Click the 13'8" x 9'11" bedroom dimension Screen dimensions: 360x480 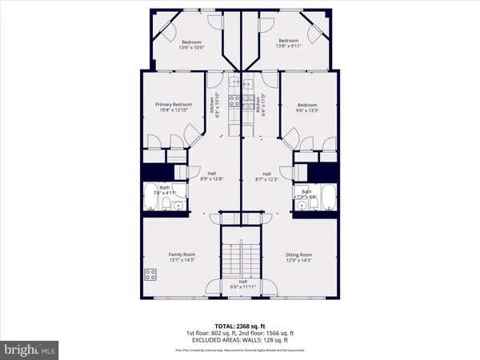288,46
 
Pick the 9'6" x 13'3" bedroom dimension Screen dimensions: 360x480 307,110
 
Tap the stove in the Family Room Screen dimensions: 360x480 150,274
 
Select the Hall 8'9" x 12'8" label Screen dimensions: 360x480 212,177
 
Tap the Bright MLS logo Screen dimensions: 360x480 31,350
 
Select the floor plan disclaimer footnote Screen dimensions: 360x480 240,350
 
